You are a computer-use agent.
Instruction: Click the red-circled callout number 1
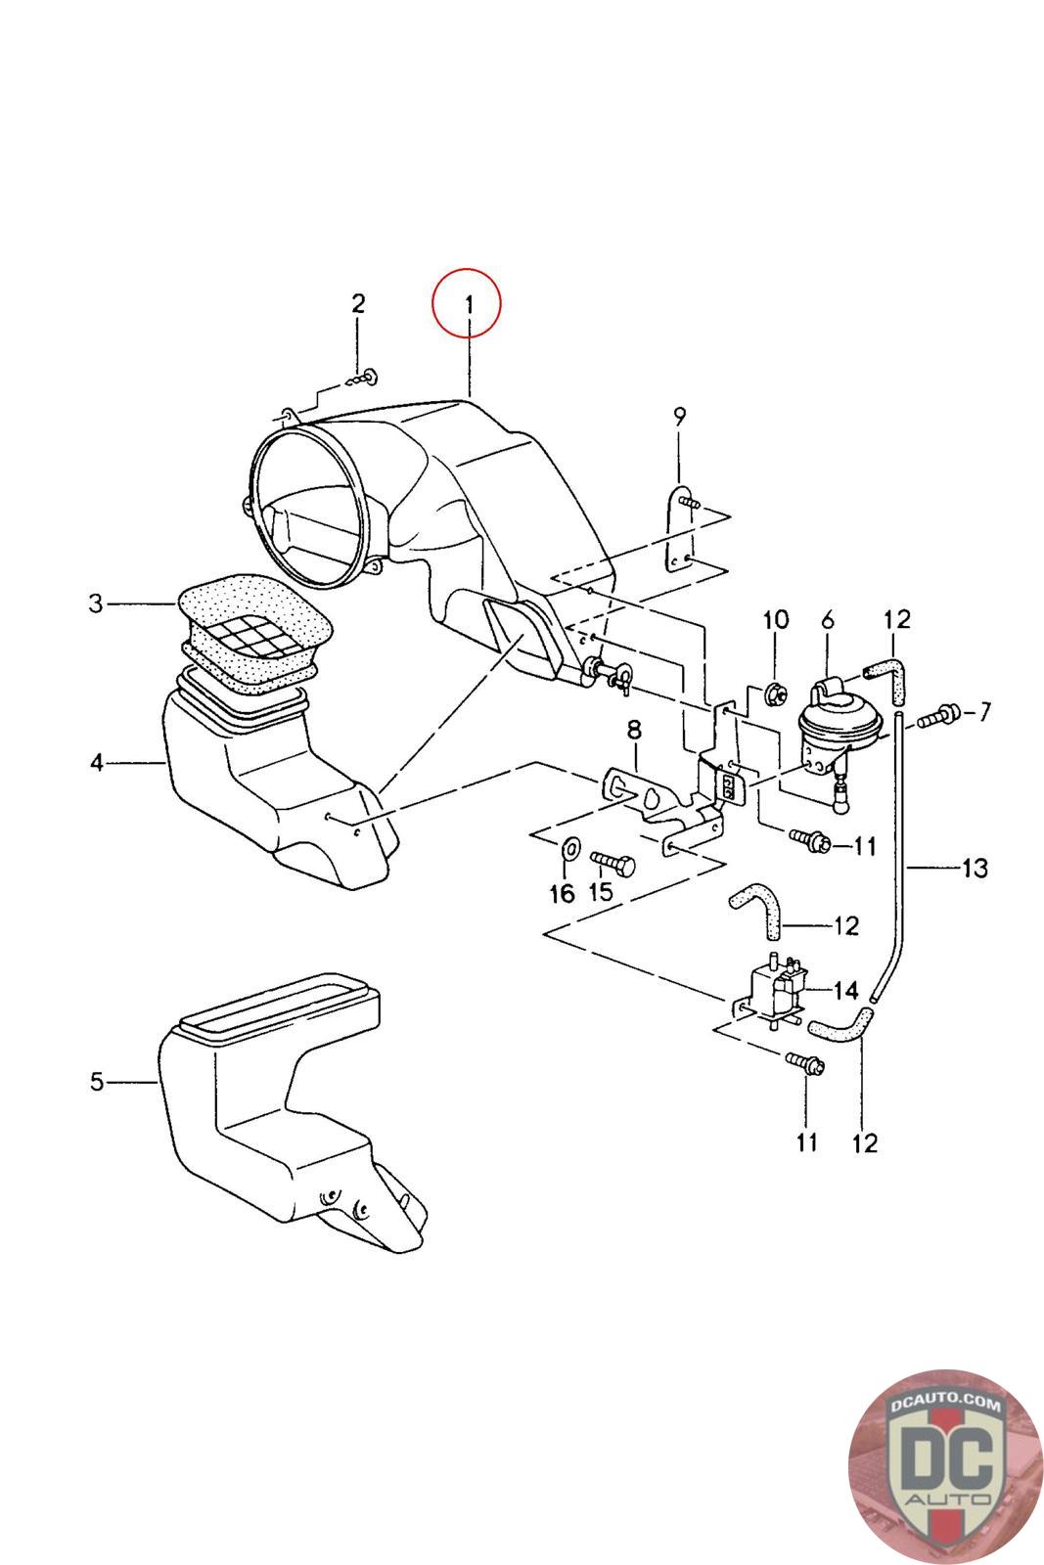(468, 304)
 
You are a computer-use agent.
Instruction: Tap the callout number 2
(358, 303)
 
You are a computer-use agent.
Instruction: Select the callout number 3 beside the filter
(95, 604)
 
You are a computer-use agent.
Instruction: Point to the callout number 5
(96, 1082)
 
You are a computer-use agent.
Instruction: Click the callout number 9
(679, 416)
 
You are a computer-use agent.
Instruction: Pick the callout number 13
(975, 868)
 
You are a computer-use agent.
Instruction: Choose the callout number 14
(845, 990)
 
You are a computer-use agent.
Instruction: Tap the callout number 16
(562, 893)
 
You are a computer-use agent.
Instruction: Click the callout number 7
(982, 711)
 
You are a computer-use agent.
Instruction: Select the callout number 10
(775, 619)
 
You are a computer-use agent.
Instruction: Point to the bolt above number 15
(613, 863)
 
